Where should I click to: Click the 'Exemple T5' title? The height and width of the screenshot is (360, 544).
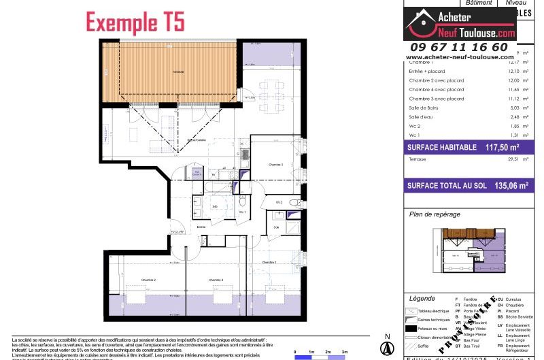(135, 22)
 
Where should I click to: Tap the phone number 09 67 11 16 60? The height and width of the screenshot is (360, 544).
(457, 47)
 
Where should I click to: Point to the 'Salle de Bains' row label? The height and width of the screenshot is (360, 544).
(423, 108)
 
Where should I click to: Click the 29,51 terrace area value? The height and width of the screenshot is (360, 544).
(502, 159)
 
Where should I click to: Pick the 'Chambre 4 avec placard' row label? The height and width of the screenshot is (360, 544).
(436, 89)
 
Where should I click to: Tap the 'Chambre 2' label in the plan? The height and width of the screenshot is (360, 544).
(149, 280)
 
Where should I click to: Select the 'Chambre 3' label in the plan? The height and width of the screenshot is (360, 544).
(275, 164)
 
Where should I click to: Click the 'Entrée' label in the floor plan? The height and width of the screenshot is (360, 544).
(201, 227)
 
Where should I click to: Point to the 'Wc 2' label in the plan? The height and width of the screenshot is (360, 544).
(279, 202)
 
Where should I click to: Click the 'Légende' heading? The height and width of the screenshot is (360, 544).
(422, 299)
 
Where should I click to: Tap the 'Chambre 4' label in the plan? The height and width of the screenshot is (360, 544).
(216, 280)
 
